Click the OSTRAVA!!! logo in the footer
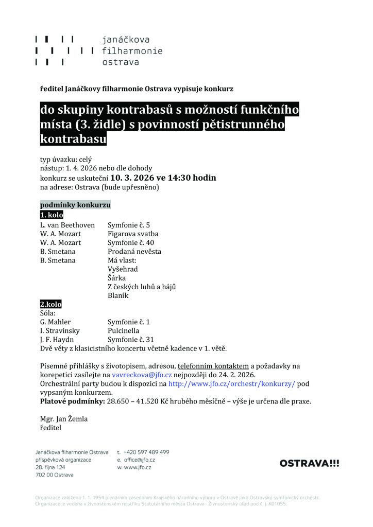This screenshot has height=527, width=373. point(309,463)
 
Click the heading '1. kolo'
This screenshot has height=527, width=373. point(52,215)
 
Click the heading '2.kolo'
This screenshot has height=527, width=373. point(50,305)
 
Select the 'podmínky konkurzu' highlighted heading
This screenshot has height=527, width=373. point(75,205)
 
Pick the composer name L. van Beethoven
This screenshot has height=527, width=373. point(67,225)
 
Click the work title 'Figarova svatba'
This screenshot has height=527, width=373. point(133,234)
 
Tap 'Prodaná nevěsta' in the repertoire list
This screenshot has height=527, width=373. point(134,252)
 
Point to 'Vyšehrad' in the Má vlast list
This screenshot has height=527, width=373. point(123,269)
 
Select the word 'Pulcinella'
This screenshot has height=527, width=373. point(125,331)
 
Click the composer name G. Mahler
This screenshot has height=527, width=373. point(56,322)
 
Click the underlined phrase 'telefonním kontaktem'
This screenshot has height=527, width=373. point(213,366)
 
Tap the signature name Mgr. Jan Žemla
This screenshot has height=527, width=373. point(64,419)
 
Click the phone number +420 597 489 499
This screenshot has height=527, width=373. point(147,452)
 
